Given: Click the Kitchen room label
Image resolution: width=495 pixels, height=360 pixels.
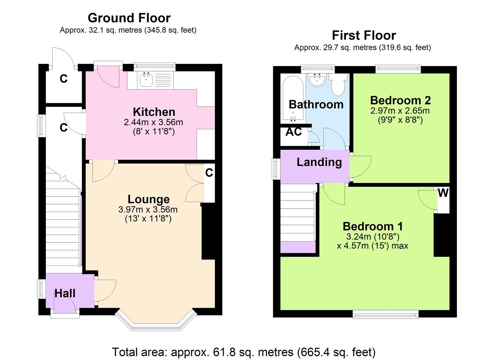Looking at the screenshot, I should (x=154, y=112).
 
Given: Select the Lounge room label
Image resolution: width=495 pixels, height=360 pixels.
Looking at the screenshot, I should (x=149, y=199).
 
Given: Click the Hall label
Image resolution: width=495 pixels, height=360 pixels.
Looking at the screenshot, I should (x=65, y=293).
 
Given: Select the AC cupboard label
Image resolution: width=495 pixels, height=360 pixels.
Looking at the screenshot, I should (x=293, y=132).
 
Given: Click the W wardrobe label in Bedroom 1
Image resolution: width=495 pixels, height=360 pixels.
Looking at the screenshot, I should (x=443, y=193).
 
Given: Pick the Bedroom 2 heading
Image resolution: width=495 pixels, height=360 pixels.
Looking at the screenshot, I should (x=400, y=100).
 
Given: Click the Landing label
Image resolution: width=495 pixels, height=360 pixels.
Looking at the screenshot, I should (x=319, y=162).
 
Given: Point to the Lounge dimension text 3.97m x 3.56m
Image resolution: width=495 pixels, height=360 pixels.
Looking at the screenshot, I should (x=148, y=210).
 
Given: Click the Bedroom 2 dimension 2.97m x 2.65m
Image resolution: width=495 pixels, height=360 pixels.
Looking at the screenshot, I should (x=400, y=110).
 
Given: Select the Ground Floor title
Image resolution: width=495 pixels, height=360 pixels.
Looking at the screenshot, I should (x=129, y=18).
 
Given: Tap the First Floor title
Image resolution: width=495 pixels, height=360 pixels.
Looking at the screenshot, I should (x=364, y=35).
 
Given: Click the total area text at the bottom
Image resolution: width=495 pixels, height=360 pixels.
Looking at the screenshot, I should (x=244, y=352).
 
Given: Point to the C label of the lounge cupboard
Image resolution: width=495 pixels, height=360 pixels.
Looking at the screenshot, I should (x=209, y=173).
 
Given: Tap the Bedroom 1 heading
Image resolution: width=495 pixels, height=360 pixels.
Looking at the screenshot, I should (x=373, y=226).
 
